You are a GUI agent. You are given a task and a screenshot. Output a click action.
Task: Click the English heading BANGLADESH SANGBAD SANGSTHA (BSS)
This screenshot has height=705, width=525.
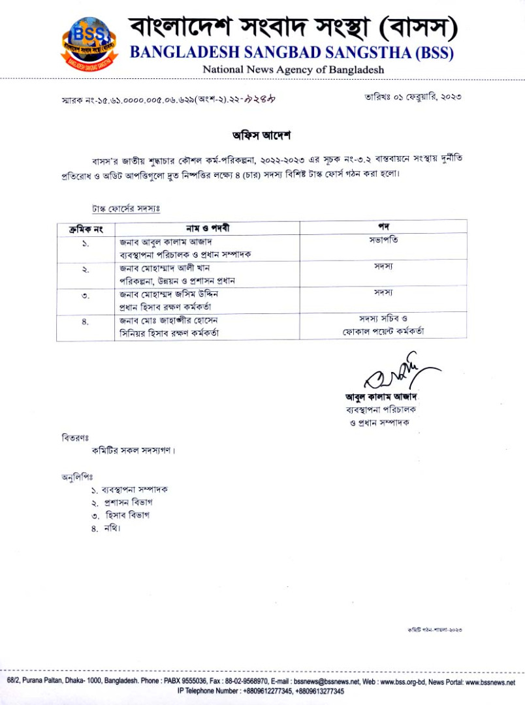291,52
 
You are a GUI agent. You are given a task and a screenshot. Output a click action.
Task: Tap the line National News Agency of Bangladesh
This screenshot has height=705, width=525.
293,69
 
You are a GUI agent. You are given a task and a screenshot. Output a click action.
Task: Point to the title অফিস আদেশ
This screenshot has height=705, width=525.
261,136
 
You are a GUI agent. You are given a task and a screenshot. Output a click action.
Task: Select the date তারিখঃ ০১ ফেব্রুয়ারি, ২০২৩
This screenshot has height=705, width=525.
413,97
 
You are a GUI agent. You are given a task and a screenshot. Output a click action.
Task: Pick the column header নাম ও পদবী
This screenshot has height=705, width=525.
207,228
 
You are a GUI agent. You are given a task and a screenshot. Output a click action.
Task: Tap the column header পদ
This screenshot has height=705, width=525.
383,227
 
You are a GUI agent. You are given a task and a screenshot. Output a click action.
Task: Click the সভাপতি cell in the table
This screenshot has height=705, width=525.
383,240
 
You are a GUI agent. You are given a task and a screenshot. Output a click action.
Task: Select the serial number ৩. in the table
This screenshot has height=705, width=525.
86,296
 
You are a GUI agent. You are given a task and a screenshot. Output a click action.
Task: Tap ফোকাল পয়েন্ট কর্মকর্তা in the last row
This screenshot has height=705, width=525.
383,332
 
